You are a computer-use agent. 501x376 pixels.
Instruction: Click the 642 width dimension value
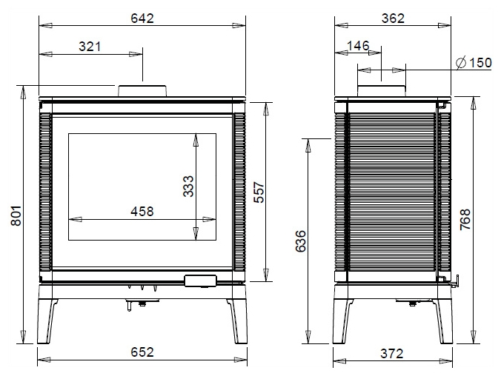(x=142, y=19)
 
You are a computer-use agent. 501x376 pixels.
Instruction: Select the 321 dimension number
(x=90, y=47)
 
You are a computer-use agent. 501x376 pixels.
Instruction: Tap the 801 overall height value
(x=16, y=216)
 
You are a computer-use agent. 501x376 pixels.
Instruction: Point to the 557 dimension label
(x=259, y=192)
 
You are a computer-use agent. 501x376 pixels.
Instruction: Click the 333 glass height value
(x=188, y=186)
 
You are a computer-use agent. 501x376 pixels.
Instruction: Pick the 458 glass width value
(x=142, y=211)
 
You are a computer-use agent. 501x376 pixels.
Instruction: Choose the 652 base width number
(x=142, y=352)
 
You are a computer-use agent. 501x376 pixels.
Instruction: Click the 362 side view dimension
(x=393, y=19)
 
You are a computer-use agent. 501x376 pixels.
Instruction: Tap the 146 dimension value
(x=358, y=46)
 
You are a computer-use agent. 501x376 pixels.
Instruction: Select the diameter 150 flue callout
(x=474, y=63)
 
